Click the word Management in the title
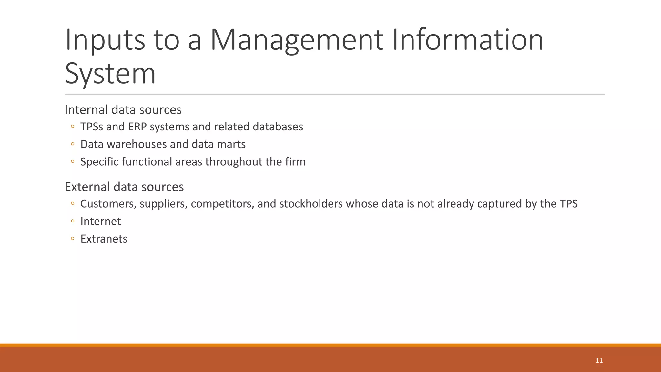297,40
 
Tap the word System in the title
110,74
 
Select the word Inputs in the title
105,40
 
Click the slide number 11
599,361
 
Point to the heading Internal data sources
123,110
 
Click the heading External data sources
124,187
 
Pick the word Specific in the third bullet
99,162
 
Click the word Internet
101,221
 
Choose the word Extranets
104,239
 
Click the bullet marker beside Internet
73,222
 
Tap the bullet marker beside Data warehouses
73,144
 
